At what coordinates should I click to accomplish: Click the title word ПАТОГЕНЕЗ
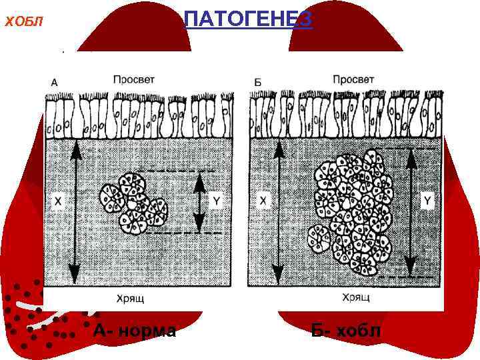(248, 19)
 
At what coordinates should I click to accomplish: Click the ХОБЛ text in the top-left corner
(24, 21)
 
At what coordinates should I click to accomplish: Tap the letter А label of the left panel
(54, 83)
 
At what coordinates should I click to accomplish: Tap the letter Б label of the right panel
(258, 83)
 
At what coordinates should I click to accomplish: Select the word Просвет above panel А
(134, 79)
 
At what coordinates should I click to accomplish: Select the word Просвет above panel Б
(353, 79)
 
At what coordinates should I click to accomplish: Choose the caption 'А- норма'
(135, 330)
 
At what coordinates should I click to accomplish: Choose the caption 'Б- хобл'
(347, 330)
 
